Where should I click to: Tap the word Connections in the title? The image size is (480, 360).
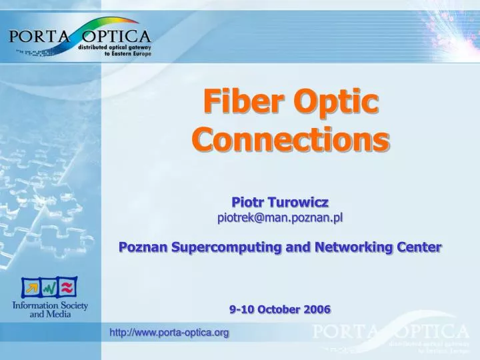click(290, 139)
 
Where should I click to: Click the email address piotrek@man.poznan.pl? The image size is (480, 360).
click(280, 217)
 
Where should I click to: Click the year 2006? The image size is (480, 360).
click(317, 309)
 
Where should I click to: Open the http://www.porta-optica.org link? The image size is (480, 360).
click(169, 332)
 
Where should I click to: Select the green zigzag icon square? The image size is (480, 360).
click(49, 289)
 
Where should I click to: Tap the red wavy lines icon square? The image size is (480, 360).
click(67, 287)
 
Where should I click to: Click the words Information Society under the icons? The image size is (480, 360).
click(50, 306)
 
